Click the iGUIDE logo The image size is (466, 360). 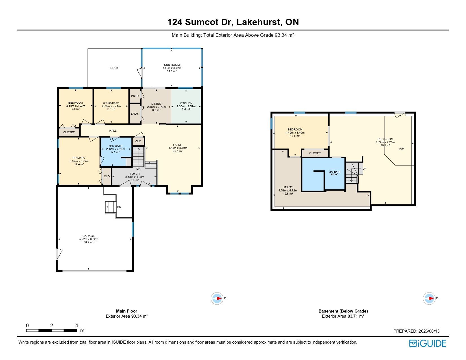point(427,343)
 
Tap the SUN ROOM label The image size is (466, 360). point(172,65)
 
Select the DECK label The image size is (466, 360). point(114,68)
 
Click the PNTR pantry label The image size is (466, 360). point(135,96)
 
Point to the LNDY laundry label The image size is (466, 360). point(135,114)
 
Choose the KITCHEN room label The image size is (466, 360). point(186,103)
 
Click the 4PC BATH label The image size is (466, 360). point(116,146)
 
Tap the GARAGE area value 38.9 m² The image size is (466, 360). point(89,242)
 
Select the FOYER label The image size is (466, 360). point(135,174)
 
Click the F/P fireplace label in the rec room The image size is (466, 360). point(401,149)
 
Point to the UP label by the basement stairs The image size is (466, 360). point(365,169)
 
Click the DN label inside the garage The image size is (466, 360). point(119,207)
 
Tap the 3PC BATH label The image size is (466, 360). point(335,172)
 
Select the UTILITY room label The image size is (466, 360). point(288,187)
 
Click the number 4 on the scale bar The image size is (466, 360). point(77,326)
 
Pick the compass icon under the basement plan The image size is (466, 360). point(429,298)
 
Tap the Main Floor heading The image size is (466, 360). point(127,311)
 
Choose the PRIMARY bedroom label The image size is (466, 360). point(79,158)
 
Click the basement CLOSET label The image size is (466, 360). point(315,153)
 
